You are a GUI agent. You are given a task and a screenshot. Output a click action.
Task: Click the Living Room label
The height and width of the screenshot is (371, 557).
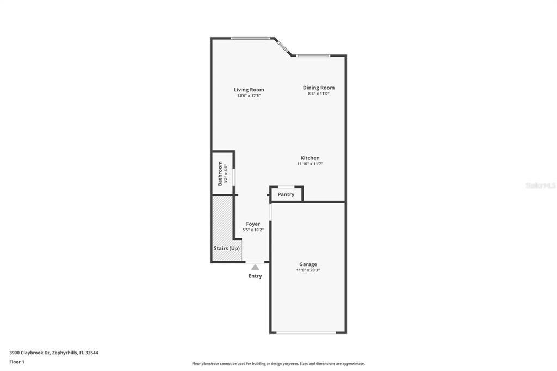(249, 90)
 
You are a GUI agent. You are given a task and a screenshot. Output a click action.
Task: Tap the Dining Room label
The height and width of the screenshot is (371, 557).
(319, 88)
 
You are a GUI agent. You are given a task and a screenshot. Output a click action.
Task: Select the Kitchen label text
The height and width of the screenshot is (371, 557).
(310, 158)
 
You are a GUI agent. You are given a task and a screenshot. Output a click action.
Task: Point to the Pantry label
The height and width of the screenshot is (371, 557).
(286, 194)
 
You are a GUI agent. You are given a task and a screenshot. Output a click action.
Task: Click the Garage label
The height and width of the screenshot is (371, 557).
(308, 264)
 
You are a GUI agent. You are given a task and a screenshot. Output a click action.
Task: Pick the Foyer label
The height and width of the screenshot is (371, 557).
(253, 224)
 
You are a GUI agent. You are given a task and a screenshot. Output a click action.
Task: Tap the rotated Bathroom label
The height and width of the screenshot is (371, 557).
(220, 174)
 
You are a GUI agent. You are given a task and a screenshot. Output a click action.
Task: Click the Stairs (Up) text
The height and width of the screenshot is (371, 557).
(227, 248)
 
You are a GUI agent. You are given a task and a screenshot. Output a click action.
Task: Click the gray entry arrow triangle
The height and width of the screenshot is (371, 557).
(255, 267)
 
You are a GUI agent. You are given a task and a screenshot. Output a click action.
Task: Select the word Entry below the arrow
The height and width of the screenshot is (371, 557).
(255, 276)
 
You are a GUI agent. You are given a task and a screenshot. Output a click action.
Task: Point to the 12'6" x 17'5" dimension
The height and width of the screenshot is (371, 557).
(249, 96)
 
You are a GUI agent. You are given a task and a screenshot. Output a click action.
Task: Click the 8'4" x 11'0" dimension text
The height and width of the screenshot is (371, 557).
(319, 94)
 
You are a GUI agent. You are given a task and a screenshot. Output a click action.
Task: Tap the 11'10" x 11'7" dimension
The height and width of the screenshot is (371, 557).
(310, 164)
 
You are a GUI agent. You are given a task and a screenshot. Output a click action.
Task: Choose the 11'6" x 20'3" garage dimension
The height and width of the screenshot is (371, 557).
(308, 270)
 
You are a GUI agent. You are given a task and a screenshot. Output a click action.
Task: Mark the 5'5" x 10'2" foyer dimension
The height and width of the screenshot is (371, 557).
(253, 230)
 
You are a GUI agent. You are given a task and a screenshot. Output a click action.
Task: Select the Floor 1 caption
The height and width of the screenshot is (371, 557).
(17, 362)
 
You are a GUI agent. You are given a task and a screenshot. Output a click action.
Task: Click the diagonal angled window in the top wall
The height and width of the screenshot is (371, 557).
(283, 47)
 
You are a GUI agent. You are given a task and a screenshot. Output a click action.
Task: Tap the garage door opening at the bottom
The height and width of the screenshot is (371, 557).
(306, 332)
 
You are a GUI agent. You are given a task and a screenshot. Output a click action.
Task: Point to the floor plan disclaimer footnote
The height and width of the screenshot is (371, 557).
(278, 363)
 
